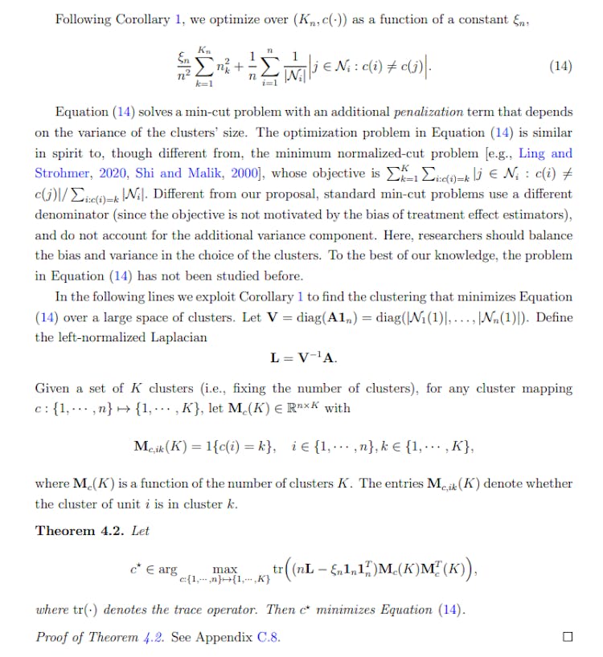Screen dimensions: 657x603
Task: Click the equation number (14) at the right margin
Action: [560, 66]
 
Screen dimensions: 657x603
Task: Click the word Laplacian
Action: [181, 338]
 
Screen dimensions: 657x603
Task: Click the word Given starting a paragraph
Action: [52, 390]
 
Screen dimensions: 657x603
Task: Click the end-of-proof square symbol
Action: [568, 637]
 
